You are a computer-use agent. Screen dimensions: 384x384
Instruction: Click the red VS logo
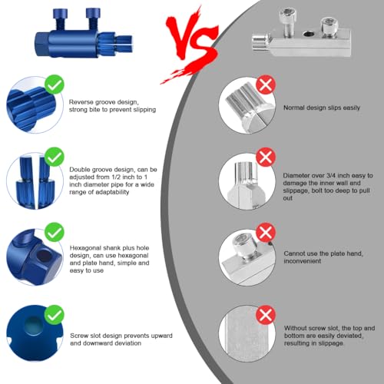pyautogui.click(x=190, y=46)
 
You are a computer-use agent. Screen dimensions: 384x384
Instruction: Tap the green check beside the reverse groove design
pyautogui.click(x=55, y=84)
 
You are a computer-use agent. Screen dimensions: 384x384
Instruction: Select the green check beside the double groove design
pyautogui.click(x=55, y=157)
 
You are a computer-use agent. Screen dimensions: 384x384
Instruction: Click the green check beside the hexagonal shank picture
pyautogui.click(x=55, y=232)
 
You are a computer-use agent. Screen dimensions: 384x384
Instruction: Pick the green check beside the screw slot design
pyautogui.click(x=55, y=315)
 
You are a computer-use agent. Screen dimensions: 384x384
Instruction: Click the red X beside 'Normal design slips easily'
pyautogui.click(x=266, y=84)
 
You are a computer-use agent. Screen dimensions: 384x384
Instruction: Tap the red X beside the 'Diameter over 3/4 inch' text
pyautogui.click(x=266, y=157)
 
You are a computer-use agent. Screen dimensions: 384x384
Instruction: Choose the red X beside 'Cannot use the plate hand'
pyautogui.click(x=266, y=232)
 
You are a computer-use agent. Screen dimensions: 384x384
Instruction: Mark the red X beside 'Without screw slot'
pyautogui.click(x=266, y=315)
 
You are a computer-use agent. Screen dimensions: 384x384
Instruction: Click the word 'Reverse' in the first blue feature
pyautogui.click(x=81, y=102)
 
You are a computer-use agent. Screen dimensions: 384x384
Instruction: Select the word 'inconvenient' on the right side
pyautogui.click(x=302, y=261)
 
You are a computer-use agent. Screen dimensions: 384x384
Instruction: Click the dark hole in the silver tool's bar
pyautogui.click(x=309, y=34)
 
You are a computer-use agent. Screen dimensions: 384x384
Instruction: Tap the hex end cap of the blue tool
pyautogui.click(x=41, y=44)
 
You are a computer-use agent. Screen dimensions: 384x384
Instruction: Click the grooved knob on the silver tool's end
pyautogui.click(x=260, y=42)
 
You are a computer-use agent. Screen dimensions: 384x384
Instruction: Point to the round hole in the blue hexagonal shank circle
pyautogui.click(x=44, y=256)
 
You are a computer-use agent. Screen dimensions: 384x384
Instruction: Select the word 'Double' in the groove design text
pyautogui.click(x=80, y=170)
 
